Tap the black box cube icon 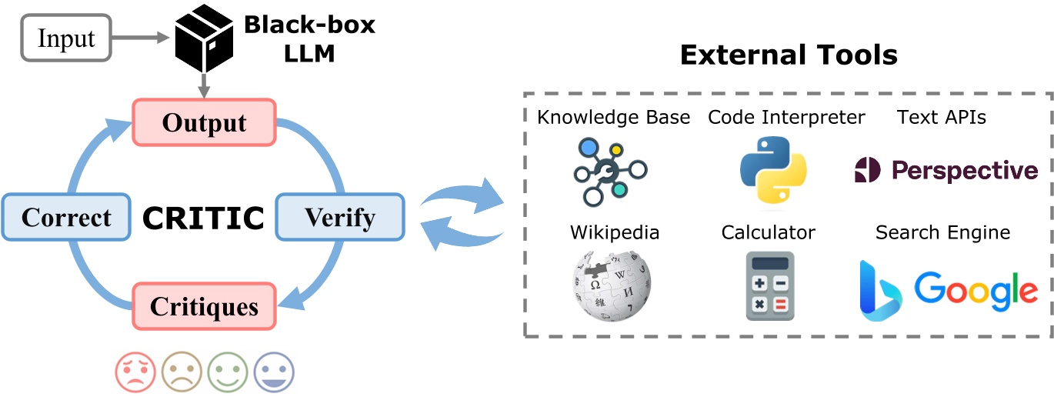tap(204, 38)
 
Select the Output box tap(204, 123)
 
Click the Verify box tap(339, 217)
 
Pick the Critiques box tap(204, 307)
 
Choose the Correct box tap(66, 217)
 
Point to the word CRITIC tap(203, 219)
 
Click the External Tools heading tap(789, 55)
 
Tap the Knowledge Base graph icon tap(611, 171)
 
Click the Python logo tap(772, 169)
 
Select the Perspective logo tap(946, 170)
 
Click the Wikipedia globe tap(612, 287)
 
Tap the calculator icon tap(769, 285)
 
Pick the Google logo tap(976, 290)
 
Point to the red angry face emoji tap(136, 373)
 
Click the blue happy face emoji tap(274, 373)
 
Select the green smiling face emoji tap(228, 373)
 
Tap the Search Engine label tap(942, 232)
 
